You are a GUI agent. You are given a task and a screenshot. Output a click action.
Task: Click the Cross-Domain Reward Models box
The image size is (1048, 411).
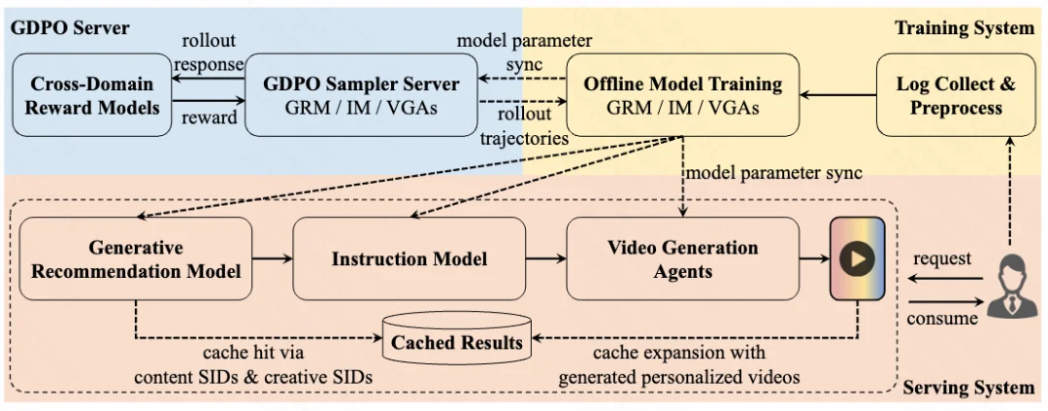92,95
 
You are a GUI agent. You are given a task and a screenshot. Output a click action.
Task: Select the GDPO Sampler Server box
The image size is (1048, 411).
361,95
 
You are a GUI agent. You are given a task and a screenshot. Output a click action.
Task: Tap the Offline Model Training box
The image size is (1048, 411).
682,95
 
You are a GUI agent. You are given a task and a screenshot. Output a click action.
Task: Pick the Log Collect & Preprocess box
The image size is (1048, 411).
955,95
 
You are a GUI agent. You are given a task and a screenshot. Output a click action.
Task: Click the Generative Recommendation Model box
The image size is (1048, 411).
136,258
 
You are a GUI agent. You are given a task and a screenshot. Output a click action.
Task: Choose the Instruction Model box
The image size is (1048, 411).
409,258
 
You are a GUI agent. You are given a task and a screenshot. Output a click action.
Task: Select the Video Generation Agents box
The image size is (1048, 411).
682,258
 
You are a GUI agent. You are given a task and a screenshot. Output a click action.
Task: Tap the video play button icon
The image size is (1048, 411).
858,258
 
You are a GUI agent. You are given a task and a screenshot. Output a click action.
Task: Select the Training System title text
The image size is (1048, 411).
965,28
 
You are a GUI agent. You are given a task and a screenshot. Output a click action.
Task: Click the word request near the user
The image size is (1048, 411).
941,258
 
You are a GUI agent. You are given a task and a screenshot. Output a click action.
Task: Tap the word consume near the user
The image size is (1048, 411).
941,318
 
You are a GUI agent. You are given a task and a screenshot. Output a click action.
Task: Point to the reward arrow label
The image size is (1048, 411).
209,118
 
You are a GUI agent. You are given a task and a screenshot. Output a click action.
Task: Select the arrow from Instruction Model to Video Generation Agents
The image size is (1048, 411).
546,258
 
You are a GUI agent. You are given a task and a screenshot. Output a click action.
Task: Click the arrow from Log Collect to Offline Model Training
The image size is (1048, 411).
838,95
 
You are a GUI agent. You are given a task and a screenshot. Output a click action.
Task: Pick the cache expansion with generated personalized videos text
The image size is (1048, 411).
679,364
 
